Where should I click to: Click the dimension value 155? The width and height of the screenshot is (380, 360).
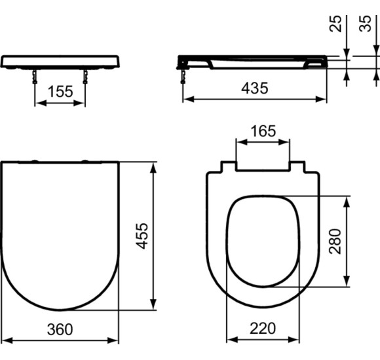pyautogui.click(x=60, y=92)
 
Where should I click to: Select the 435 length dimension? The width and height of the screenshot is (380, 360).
pyautogui.click(x=254, y=88)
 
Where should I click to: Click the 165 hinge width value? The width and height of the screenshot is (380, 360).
pyautogui.click(x=262, y=131)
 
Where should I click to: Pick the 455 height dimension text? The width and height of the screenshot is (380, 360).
pyautogui.click(x=142, y=236)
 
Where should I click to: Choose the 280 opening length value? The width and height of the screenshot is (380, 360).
pyautogui.click(x=336, y=240)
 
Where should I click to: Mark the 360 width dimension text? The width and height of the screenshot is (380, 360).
pyautogui.click(x=60, y=329)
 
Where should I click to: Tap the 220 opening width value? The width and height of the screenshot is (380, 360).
pyautogui.click(x=262, y=329)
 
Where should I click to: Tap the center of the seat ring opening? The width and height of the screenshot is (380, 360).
pyautogui.click(x=262, y=240)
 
